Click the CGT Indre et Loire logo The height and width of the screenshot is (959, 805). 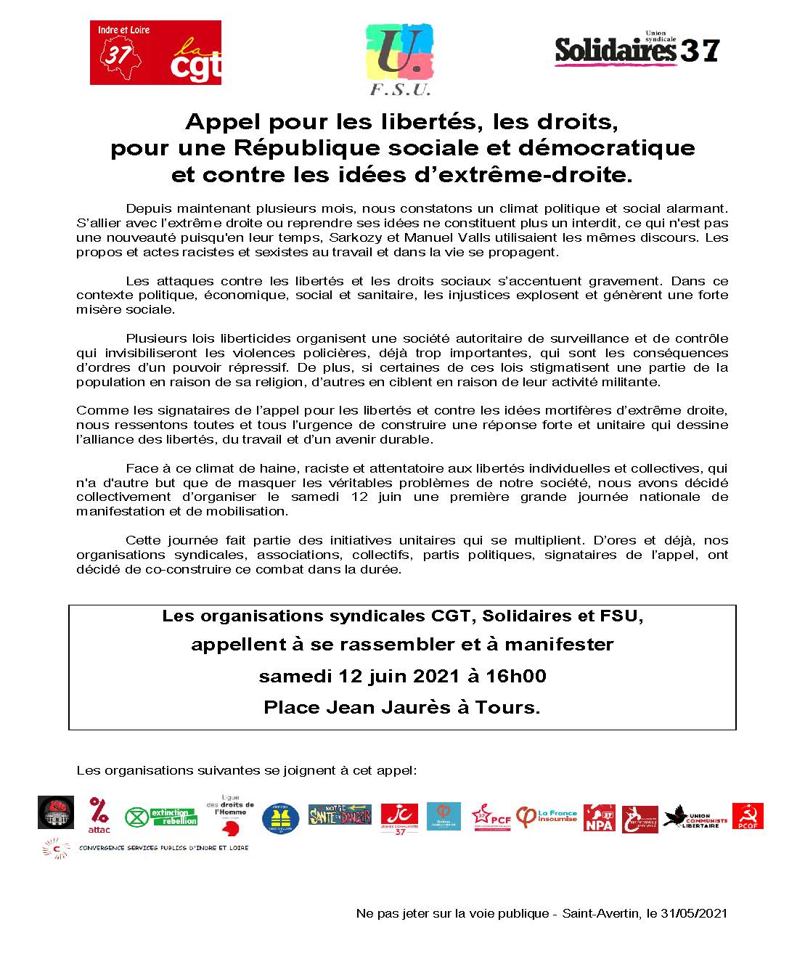[x=155, y=52]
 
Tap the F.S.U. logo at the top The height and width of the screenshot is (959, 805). [x=400, y=59]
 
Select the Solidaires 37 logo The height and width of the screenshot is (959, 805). [x=637, y=49]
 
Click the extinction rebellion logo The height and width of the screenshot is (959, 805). [x=161, y=817]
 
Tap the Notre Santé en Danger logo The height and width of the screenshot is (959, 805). [x=340, y=815]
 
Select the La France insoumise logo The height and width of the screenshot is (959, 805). [x=547, y=817]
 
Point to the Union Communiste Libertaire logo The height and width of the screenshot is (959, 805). [x=695, y=817]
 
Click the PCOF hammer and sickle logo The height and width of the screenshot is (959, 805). [x=748, y=816]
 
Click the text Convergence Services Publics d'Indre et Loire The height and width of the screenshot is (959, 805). [x=163, y=848]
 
